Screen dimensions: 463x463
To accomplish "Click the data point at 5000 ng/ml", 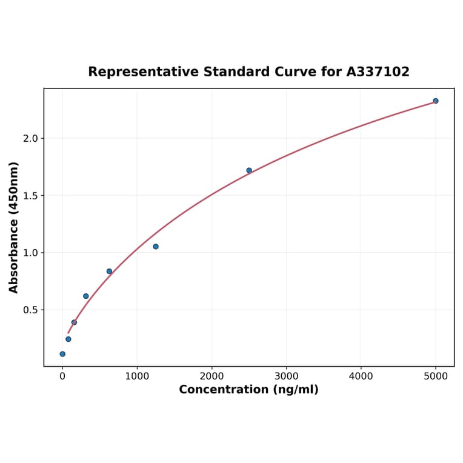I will [436, 101].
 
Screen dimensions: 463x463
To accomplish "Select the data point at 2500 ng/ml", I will [249, 170].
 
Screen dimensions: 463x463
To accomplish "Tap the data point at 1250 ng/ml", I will [156, 247].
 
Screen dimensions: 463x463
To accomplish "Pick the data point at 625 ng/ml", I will [109, 271].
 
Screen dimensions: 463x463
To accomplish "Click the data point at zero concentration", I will [62, 354].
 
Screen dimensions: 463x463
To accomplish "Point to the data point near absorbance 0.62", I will [85, 296].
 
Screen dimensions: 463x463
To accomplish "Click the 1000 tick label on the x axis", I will [137, 376].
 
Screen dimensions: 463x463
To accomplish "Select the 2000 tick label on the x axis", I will [212, 376].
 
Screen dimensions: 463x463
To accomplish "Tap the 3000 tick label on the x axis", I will [286, 376].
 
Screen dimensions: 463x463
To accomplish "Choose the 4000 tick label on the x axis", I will [361, 376].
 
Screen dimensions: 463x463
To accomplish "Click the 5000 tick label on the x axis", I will [436, 376].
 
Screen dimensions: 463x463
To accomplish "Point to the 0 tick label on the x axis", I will [62, 376].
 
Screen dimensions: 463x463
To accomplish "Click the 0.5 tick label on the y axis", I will [30, 310].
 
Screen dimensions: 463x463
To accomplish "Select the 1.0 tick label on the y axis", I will [30, 253].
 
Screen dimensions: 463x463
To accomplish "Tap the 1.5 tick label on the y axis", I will [30, 196].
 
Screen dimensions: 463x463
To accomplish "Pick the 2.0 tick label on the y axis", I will [30, 138].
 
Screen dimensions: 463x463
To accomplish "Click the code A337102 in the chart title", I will [378, 72].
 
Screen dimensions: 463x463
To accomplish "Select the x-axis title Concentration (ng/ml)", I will [248, 390].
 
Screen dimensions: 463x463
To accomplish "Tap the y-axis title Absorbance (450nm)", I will [14, 227].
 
